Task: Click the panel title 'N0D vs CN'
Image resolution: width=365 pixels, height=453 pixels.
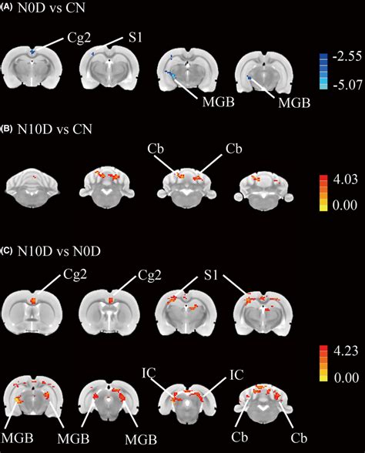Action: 52,8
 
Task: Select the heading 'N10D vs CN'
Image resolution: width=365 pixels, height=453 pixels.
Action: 55,129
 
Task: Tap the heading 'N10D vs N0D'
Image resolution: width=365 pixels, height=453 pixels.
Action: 59,251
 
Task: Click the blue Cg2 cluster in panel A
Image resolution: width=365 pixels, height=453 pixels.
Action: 32,52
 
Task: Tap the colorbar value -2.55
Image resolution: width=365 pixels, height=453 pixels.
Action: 347,56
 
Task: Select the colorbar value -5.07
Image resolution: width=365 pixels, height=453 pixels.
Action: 347,85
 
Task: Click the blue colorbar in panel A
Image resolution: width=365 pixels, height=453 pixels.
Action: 323,71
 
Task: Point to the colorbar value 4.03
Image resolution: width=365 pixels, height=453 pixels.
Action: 345,180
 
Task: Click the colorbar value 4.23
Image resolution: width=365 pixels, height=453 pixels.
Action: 346,351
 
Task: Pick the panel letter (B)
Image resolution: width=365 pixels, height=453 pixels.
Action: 6,129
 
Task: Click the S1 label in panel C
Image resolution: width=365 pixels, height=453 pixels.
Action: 210,275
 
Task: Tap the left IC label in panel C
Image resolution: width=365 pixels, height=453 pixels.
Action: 149,374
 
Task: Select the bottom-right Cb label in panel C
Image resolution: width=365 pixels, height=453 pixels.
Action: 299,438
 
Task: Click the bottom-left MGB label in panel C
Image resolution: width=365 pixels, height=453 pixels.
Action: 17,438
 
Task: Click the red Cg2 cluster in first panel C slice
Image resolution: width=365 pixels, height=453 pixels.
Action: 34,300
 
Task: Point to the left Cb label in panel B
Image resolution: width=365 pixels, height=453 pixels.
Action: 156,149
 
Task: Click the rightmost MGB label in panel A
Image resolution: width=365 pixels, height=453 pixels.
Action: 294,102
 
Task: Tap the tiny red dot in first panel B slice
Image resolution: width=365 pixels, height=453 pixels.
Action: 35,177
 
